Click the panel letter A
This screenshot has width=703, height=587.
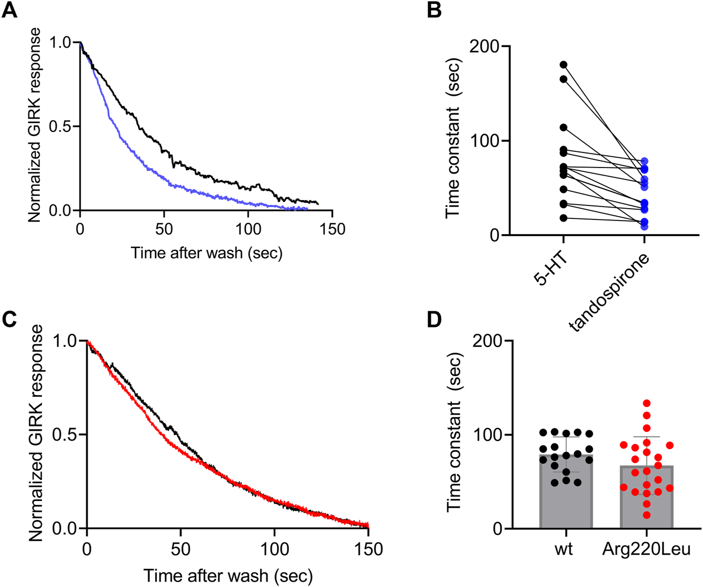9,10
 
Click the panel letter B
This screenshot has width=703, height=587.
434,10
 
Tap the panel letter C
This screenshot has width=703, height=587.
9,319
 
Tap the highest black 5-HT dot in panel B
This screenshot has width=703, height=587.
564,65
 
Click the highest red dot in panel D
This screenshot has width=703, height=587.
646,403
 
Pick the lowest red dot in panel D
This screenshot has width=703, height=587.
646,515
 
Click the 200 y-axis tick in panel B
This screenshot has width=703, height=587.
483,46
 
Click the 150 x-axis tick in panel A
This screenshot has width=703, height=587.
331,229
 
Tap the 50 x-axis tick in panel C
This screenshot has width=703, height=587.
180,549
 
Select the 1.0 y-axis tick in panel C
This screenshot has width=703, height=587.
66,342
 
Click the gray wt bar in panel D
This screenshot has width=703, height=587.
566,503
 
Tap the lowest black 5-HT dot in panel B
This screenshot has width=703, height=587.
564,218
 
